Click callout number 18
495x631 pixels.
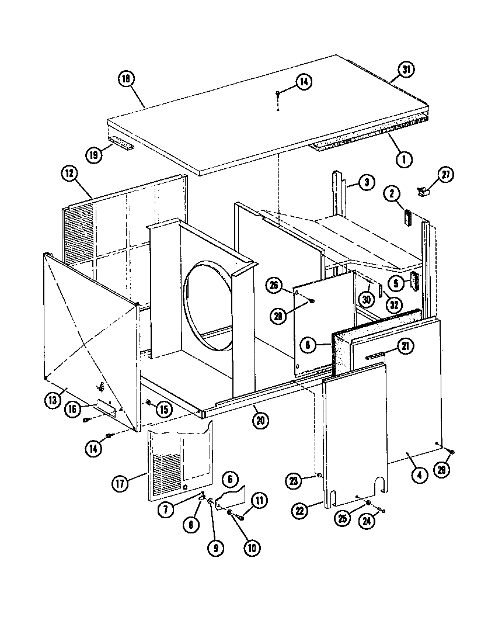[126, 80]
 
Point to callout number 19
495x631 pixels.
[93, 155]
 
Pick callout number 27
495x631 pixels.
[447, 175]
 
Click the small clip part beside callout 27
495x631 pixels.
[423, 190]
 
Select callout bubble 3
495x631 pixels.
[365, 183]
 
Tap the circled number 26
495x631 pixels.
[273, 286]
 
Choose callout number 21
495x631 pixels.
[405, 346]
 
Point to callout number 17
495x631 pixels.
[120, 483]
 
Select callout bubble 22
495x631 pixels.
[300, 510]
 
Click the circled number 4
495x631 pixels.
[417, 475]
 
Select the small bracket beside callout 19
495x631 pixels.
[121, 143]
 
